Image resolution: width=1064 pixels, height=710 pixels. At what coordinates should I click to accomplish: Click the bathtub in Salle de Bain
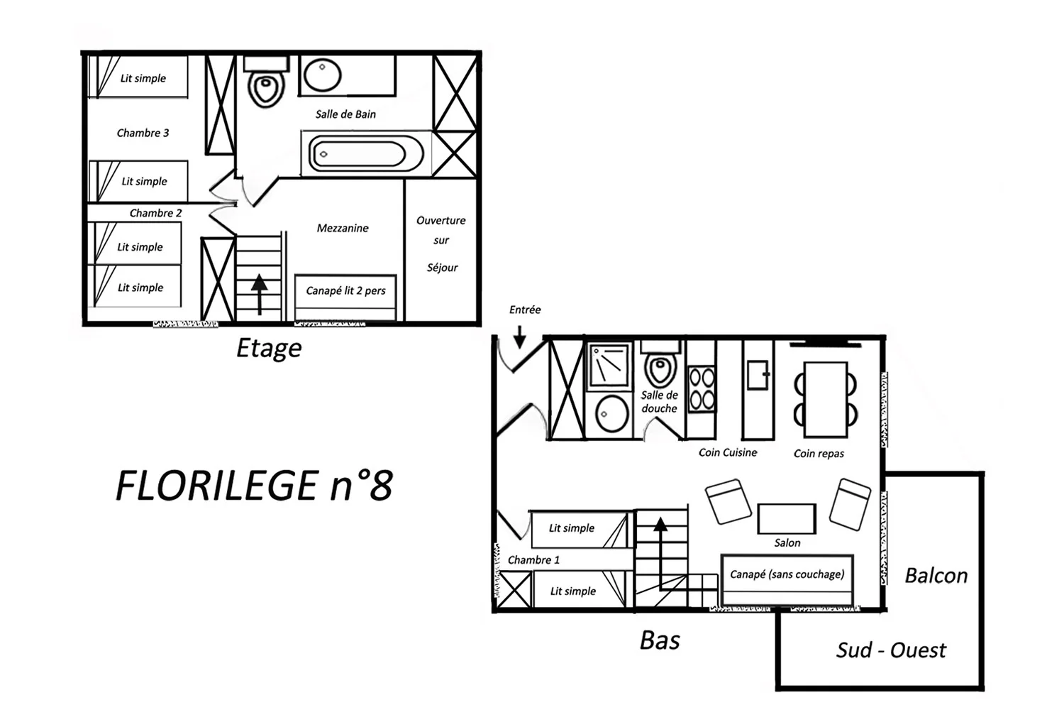point(366,153)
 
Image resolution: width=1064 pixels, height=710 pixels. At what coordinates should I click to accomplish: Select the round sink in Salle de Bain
point(323,74)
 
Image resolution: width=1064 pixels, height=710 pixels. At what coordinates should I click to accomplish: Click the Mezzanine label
point(343,229)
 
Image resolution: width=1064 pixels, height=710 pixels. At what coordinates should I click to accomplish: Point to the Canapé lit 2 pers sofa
point(345,297)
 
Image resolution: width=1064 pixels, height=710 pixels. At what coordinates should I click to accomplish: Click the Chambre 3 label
point(143,133)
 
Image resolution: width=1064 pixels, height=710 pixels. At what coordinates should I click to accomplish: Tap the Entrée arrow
point(520,337)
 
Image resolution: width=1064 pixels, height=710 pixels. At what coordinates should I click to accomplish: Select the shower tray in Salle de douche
point(609,365)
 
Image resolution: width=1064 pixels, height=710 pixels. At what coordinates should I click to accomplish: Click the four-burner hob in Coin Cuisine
point(702,388)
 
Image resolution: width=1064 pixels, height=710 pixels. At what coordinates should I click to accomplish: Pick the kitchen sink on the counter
point(758,375)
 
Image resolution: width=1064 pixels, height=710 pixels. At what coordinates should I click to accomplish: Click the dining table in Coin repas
point(826,400)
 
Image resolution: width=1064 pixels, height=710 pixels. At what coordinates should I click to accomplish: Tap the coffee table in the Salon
point(787,519)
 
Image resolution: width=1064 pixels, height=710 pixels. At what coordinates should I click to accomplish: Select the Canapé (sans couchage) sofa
point(787,579)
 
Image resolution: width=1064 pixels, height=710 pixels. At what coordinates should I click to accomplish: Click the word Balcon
point(936,575)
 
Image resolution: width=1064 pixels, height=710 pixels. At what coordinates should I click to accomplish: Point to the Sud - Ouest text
point(891,650)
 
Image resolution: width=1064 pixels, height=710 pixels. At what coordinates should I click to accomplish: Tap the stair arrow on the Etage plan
point(260,295)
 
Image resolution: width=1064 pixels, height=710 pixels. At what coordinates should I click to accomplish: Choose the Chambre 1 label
point(533,559)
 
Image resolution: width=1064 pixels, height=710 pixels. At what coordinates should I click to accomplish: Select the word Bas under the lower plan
point(660,640)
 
